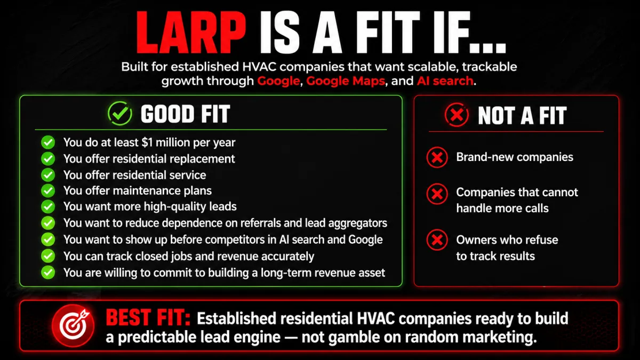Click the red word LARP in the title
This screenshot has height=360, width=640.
[191, 33]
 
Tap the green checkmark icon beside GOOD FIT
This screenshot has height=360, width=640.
[120, 113]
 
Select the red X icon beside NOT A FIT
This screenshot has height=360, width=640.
[457, 115]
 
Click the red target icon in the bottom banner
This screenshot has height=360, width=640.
[73, 326]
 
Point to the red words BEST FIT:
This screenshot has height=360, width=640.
[148, 318]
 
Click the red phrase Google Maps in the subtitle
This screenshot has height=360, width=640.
[346, 81]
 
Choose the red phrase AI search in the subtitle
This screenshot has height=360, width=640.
[445, 81]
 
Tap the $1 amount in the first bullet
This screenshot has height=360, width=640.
[147, 142]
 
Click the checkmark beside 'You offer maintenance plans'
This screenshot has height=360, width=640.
[48, 190]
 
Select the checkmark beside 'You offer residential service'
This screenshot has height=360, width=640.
[48, 175]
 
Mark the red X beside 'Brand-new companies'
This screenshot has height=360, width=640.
[437, 157]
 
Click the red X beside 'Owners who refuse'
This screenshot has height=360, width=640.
[437, 239]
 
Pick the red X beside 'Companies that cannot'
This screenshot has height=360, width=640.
[437, 194]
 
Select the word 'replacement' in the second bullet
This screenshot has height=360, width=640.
[202, 159]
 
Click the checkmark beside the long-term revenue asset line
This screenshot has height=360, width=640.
[48, 273]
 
